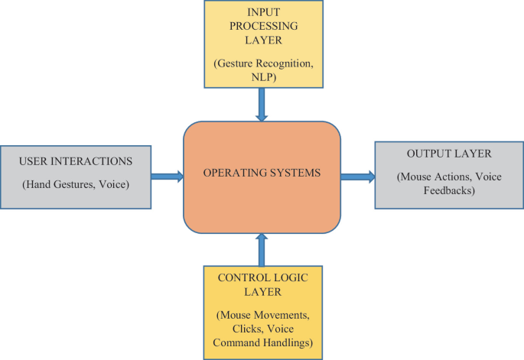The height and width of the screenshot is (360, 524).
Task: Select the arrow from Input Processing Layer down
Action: pyautogui.click(x=262, y=105)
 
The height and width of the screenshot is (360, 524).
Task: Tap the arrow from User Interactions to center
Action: pyautogui.click(x=167, y=177)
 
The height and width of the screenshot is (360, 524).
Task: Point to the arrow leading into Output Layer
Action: pyautogui.click(x=357, y=177)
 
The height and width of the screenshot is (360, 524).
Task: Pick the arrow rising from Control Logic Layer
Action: pyautogui.click(x=262, y=249)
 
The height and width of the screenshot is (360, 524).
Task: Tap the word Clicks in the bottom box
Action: pyautogui.click(x=233, y=329)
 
